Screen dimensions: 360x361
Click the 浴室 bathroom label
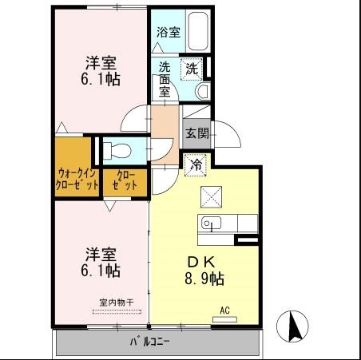click(x=168, y=33)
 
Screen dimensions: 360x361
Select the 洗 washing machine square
click(x=192, y=69)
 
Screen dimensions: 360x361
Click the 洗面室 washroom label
click(x=165, y=80)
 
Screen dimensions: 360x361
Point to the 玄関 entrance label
click(x=196, y=133)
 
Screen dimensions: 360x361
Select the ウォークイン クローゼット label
click(x=77, y=177)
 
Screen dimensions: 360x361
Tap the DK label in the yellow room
click(x=200, y=262)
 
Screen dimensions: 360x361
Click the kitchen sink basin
click(x=212, y=224)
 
